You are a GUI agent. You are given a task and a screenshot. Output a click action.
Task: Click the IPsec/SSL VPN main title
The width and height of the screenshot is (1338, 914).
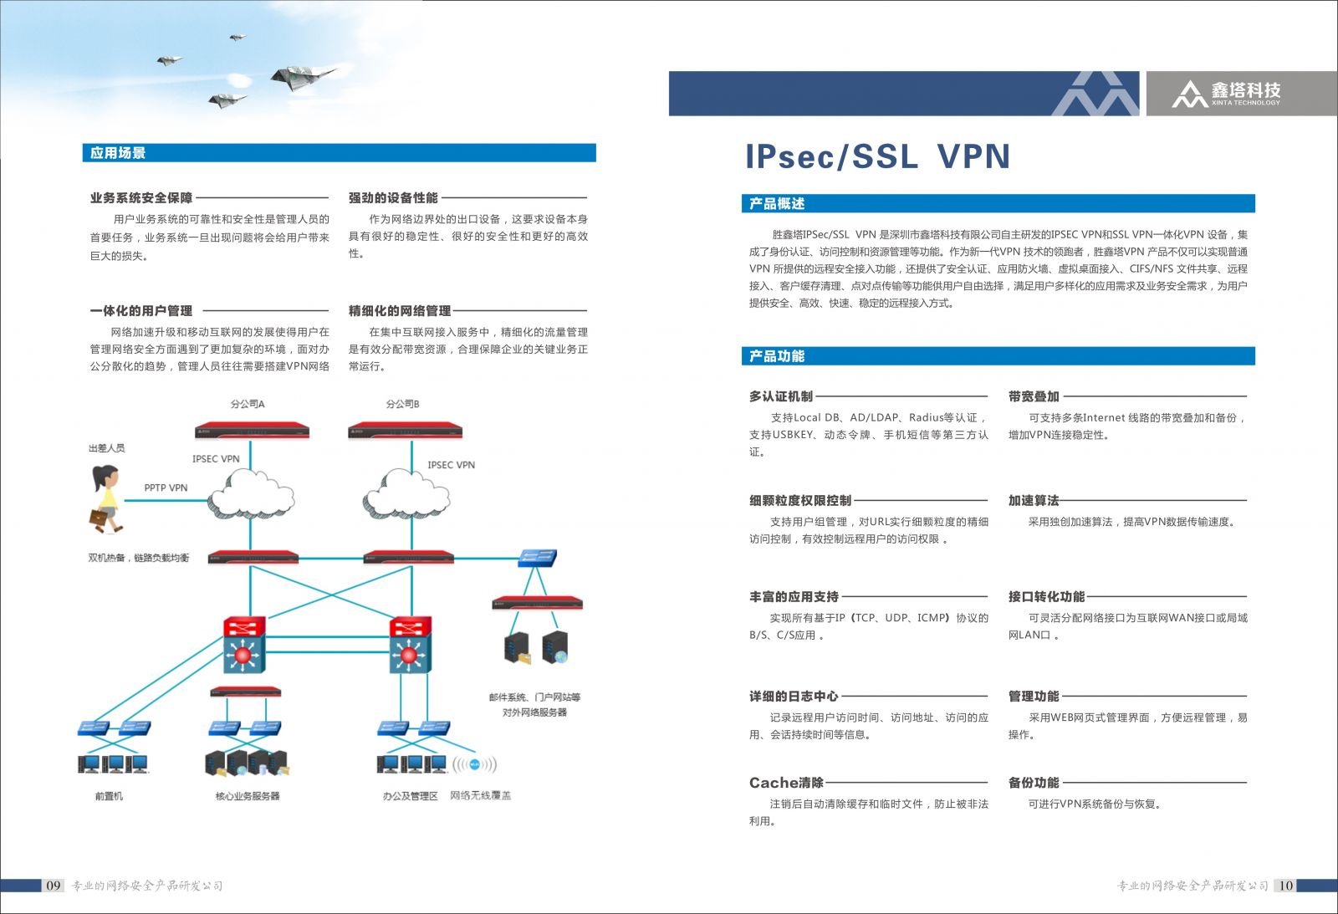tap(877, 156)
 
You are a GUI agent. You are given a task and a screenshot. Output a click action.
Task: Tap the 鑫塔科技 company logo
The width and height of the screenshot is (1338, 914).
tap(1226, 93)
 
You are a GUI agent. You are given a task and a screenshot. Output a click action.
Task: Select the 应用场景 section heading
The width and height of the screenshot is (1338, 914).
tap(118, 153)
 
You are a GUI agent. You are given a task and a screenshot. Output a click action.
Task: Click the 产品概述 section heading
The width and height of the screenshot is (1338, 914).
tap(776, 203)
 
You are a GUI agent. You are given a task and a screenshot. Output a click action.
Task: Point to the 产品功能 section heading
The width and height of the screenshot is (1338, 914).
tap(776, 356)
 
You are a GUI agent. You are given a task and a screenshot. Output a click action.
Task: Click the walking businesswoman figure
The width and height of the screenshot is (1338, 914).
tap(105, 498)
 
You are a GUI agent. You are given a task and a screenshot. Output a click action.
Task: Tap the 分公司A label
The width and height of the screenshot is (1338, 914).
tap(248, 404)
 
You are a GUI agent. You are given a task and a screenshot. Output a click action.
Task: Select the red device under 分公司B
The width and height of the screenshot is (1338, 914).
tap(405, 431)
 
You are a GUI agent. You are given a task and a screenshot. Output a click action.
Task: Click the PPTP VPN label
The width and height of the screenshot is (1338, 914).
tap(166, 488)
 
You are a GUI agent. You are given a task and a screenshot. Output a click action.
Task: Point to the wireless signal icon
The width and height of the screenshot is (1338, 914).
tap(474, 764)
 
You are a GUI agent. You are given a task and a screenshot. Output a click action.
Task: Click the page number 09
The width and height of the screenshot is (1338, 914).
tap(54, 886)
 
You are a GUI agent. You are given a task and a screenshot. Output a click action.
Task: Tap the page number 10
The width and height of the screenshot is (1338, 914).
tap(1285, 886)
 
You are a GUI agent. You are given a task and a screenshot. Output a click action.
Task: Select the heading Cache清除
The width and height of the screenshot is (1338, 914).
tap(786, 783)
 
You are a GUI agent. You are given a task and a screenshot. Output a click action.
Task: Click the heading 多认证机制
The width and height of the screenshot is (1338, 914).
tap(780, 396)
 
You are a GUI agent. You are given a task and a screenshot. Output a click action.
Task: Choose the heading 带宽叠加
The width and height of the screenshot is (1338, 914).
tap(1034, 396)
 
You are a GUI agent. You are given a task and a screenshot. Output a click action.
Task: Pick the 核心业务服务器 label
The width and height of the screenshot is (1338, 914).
tap(248, 796)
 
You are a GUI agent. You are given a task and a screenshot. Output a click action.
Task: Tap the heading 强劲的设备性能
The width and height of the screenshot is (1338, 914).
tap(393, 198)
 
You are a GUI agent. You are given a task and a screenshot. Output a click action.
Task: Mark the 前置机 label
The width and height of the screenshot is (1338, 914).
tap(109, 796)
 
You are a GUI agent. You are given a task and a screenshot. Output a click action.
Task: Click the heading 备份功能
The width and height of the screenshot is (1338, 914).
tap(1034, 783)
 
